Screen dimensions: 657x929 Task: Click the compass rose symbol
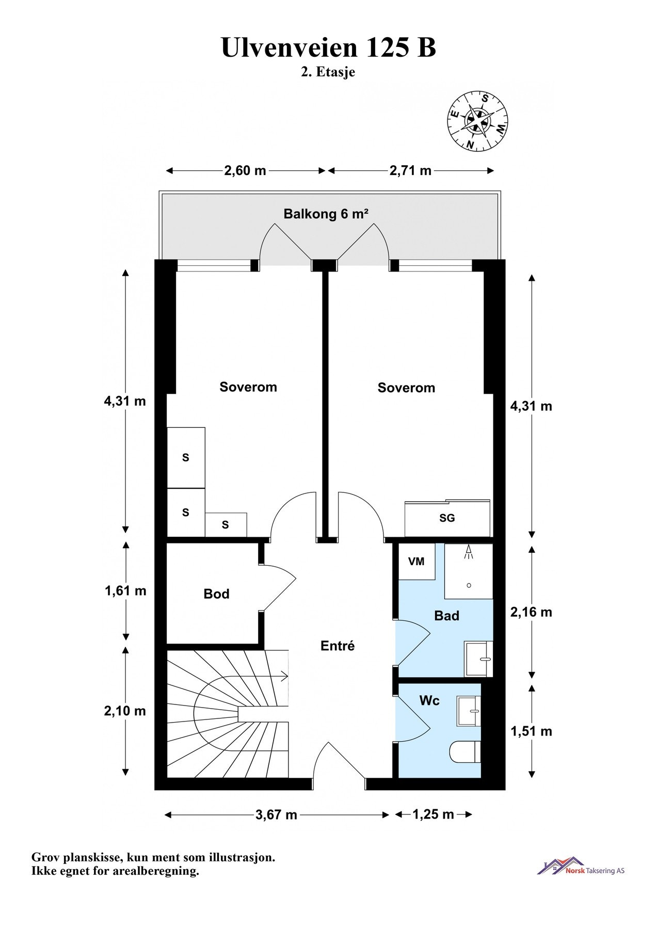477,121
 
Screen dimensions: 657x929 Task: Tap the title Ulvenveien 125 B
329,47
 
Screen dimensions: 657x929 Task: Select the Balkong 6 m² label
326,214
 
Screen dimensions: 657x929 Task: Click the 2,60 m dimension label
245,170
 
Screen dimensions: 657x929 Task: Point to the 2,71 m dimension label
410,170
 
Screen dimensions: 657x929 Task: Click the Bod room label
216,594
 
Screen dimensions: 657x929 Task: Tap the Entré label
338,646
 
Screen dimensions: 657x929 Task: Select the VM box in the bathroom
416,562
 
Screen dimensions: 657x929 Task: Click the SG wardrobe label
447,518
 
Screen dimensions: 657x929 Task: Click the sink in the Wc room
469,711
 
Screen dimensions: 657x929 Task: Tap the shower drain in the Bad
469,585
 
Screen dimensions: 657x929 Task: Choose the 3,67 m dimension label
277,815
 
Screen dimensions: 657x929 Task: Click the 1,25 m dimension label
433,814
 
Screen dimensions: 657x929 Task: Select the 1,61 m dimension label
125,591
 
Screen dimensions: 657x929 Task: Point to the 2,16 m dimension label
531,612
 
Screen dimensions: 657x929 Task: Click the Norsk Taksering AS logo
581,866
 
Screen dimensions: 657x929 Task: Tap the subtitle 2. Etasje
328,72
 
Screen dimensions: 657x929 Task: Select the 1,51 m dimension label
531,731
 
